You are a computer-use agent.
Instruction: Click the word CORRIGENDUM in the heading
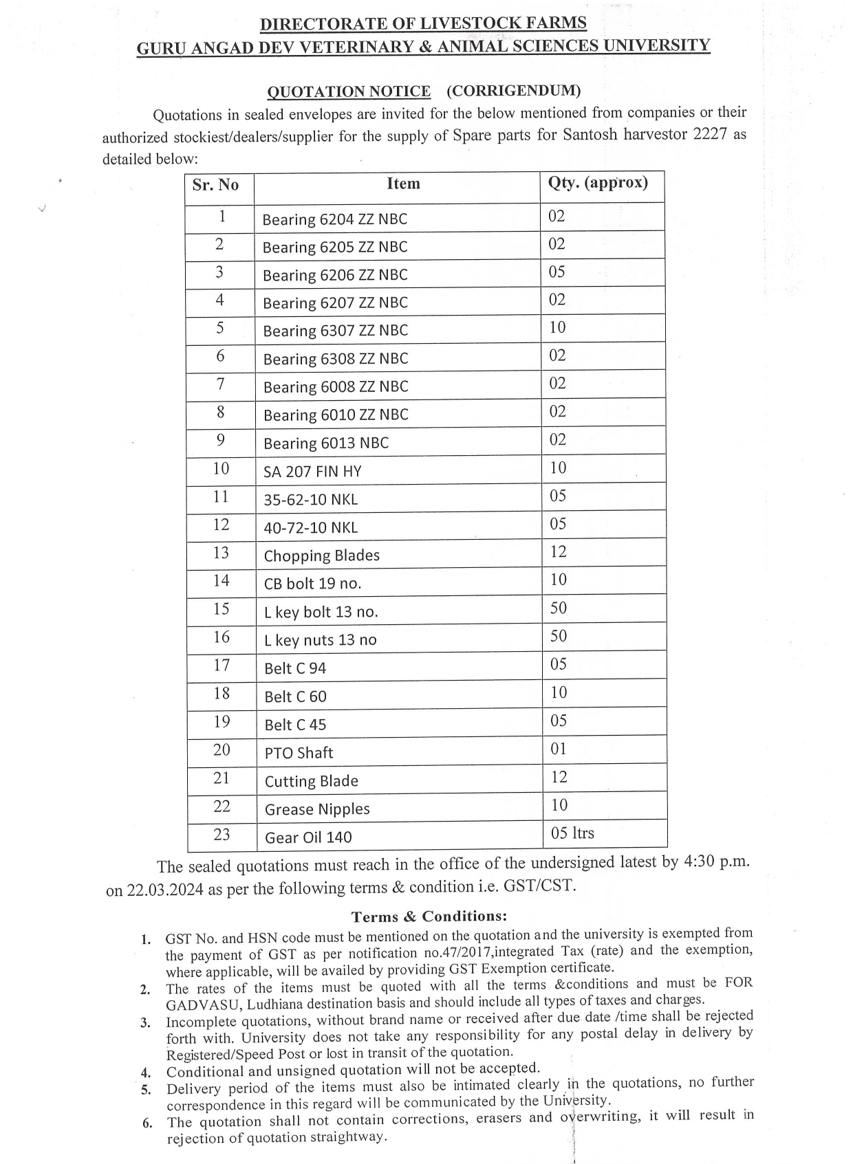(x=513, y=91)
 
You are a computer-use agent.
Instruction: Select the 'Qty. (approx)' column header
(x=597, y=183)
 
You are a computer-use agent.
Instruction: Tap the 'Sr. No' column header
(x=215, y=185)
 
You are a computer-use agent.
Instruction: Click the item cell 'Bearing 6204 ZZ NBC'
(x=334, y=219)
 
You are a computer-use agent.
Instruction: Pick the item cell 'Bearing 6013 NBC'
(x=325, y=443)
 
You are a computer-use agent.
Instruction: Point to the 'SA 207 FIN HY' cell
(x=312, y=472)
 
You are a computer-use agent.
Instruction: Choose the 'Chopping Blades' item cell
(x=321, y=556)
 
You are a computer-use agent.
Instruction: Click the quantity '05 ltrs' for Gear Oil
(x=572, y=833)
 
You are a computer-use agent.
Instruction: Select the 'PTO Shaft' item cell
(x=299, y=753)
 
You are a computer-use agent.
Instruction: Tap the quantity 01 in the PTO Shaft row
(x=559, y=749)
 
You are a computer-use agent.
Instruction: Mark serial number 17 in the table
(x=221, y=666)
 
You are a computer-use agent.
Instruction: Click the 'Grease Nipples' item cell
(x=317, y=809)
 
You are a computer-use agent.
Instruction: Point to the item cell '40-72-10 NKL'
(x=310, y=527)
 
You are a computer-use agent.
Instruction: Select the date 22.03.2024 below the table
(x=165, y=889)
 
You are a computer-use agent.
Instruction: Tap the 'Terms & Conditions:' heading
(x=429, y=916)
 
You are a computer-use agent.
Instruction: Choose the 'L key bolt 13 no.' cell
(x=321, y=612)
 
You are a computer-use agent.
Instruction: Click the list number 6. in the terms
(x=147, y=1123)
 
